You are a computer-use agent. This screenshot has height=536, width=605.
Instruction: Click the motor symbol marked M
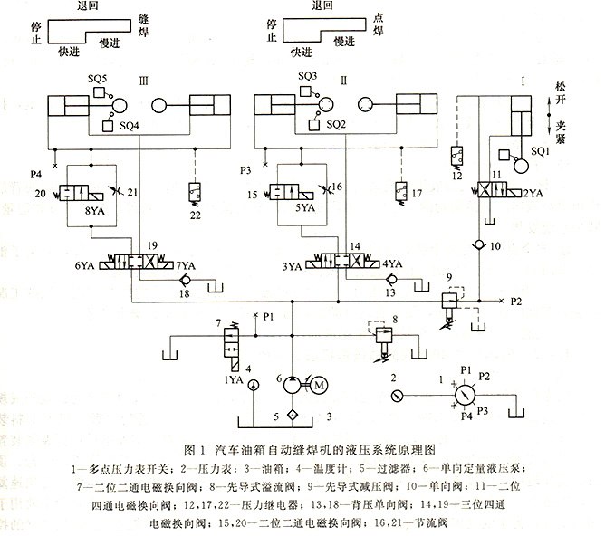click(318, 385)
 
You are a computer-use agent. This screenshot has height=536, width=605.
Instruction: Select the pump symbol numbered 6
click(293, 385)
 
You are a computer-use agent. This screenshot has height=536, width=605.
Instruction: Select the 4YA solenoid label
click(393, 265)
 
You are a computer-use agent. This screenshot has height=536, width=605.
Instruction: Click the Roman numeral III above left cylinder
click(143, 80)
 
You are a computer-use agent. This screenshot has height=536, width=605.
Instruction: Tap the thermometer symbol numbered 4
click(249, 387)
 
